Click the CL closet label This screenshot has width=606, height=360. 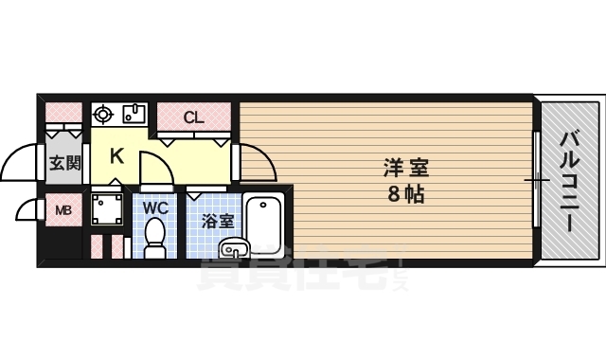pos(193,117)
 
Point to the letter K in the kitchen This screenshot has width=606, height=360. pos(116,156)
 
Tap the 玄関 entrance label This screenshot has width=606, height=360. pos(64,163)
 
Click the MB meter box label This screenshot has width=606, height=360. pos(63,210)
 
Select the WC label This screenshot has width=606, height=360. pos(155,207)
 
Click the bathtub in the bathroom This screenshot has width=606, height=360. pos(263,222)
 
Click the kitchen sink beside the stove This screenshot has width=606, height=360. pos(133,115)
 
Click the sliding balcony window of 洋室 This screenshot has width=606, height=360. pos(536,179)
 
